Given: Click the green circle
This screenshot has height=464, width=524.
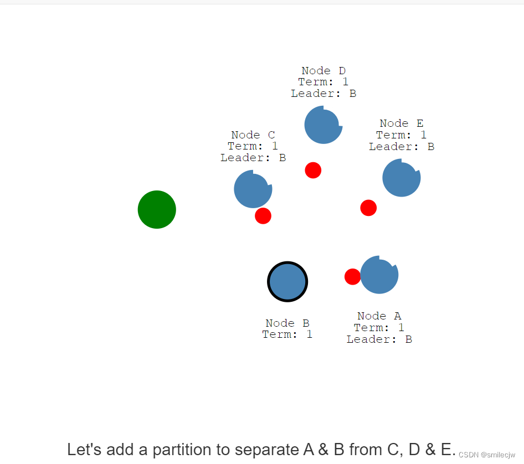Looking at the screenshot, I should tap(157, 209).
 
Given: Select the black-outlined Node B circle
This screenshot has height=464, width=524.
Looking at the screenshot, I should tap(287, 281).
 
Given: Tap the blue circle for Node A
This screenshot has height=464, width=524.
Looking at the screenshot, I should tap(379, 275).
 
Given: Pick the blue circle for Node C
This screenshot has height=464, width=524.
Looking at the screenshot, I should tap(253, 189).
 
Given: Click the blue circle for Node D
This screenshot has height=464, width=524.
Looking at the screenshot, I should tap(323, 125).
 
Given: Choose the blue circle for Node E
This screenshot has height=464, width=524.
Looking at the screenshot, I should tap(402, 178).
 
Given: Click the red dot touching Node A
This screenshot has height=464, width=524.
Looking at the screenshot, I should tap(352, 276).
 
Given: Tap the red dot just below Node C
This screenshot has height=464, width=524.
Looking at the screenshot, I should tap(263, 215).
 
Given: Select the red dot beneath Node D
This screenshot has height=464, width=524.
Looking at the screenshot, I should tap(313, 170).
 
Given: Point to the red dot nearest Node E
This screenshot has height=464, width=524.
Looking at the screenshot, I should tap(368, 208).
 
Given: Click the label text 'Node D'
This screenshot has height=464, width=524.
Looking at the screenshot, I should tap(323, 71).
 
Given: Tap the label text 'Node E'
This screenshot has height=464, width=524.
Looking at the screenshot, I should tap(402, 123).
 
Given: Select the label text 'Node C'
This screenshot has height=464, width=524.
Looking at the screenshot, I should tap(253, 135).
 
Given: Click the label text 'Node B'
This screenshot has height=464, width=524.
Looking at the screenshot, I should tap(287, 323).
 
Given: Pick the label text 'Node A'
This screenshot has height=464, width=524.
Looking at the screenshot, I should tap(379, 316).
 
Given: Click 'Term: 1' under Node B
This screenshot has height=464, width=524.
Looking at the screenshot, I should tap(287, 334).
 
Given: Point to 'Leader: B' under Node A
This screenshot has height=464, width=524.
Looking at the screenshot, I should tap(379, 339).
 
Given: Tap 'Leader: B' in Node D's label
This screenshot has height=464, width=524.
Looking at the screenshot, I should tap(323, 94).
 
